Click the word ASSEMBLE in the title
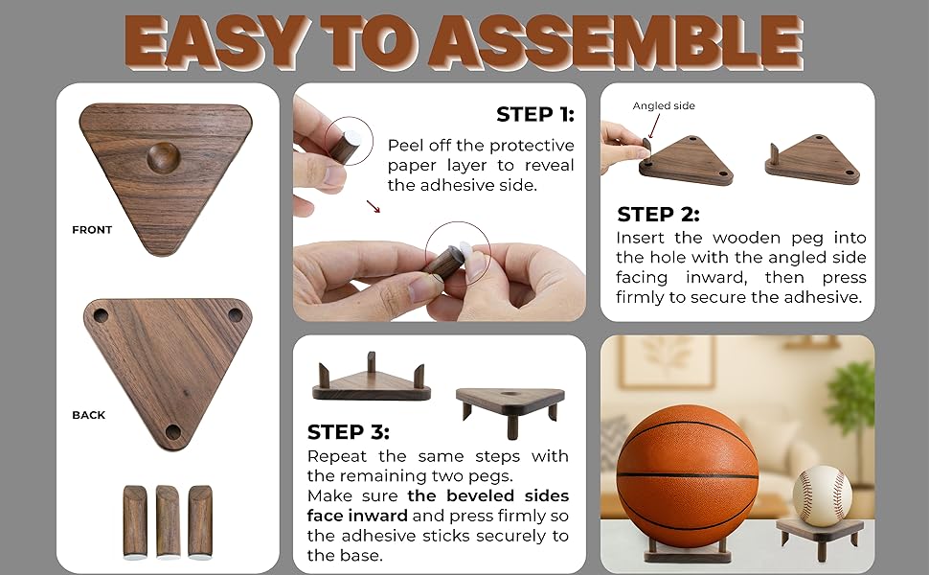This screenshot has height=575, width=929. click(613, 42)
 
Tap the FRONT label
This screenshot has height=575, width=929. click(92, 230)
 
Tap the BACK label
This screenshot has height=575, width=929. click(89, 415)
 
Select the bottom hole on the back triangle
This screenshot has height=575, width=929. click(172, 432)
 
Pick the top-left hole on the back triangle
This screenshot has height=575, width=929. click(101, 315)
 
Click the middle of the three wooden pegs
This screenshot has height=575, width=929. click(168, 521)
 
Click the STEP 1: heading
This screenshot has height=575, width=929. click(534, 115)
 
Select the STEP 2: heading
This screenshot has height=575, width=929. click(658, 215)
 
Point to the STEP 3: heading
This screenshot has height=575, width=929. click(349, 432)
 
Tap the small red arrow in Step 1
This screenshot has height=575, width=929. click(374, 205)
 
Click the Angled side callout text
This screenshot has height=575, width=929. click(664, 106)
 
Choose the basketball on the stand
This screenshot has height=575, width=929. click(687, 476)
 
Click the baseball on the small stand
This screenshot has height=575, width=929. click(822, 495)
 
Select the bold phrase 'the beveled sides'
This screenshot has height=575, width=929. click(488, 495)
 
